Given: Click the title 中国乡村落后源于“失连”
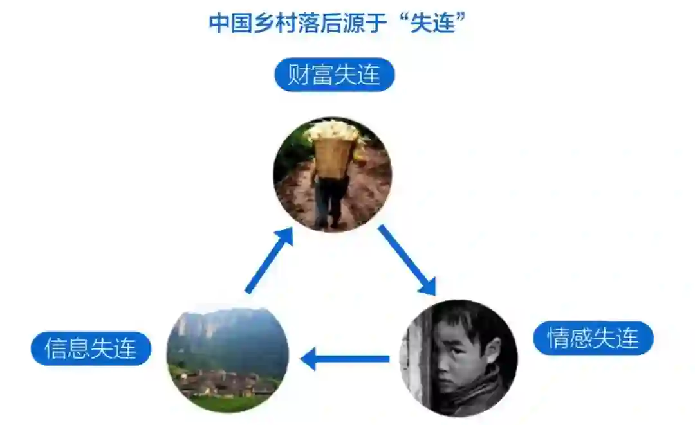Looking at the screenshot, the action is [337, 24].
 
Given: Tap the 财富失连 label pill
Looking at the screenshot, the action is [334, 75].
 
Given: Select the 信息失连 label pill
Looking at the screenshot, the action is [91, 348].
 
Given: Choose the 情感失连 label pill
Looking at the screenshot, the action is [593, 338].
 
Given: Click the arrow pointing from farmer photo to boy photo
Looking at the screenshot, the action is [406, 258].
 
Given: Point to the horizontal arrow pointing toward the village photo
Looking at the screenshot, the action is [345, 359].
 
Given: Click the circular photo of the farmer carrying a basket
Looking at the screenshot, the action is [332, 174].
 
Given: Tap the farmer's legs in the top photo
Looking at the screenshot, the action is [329, 203].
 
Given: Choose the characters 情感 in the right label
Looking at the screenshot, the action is [569, 338].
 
